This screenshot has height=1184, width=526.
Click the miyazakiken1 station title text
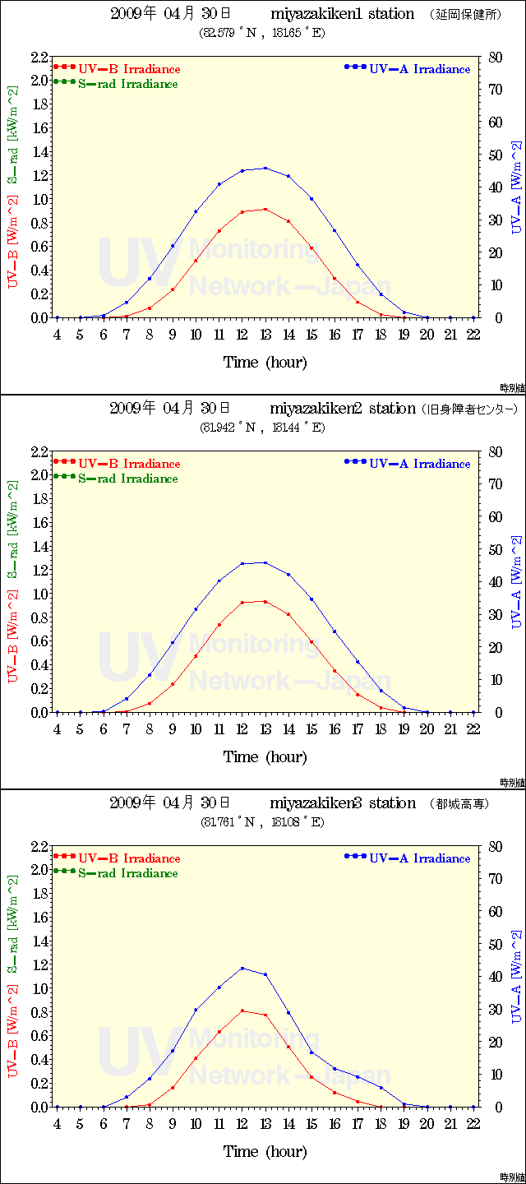click(x=342, y=14)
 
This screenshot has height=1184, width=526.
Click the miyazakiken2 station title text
click(x=343, y=409)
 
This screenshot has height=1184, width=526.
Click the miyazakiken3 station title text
click(x=343, y=803)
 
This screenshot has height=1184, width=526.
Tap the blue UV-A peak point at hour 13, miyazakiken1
click(x=265, y=169)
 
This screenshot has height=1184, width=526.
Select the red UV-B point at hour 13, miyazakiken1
click(x=265, y=210)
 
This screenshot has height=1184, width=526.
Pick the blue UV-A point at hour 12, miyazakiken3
click(x=242, y=968)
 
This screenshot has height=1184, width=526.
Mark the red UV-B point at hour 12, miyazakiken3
click(x=242, y=1011)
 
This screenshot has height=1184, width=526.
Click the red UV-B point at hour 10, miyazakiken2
click(x=196, y=655)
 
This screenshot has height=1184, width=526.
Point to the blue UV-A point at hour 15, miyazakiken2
click(x=311, y=599)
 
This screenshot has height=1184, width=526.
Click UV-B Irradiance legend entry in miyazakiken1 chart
click(x=129, y=69)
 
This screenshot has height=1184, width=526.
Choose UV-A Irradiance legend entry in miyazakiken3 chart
click(x=419, y=858)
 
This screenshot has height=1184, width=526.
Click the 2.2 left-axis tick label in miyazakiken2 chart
click(x=39, y=452)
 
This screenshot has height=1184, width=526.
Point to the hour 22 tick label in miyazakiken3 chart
click(x=473, y=1124)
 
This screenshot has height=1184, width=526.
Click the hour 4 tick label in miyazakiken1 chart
click(x=57, y=335)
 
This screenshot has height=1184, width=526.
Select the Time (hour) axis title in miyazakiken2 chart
click(x=265, y=757)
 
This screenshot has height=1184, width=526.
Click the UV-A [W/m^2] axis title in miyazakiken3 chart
click(x=516, y=977)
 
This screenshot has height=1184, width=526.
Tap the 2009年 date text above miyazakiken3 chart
click(x=132, y=803)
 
